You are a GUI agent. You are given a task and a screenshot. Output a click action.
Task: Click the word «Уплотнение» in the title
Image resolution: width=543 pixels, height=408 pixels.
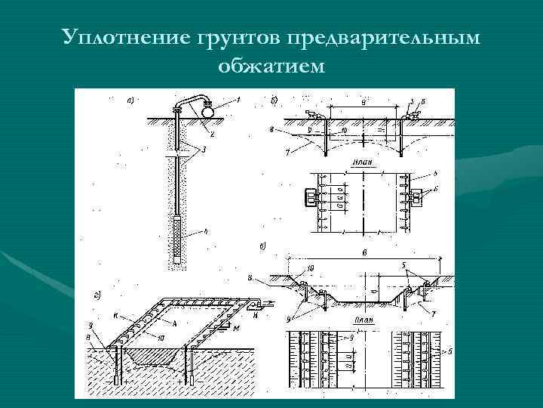click(124, 36)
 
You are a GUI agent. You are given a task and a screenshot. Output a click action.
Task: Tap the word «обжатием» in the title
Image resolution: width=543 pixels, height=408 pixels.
click(271, 66)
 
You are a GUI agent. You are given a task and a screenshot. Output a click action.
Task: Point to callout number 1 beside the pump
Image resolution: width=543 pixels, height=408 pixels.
click(238, 100)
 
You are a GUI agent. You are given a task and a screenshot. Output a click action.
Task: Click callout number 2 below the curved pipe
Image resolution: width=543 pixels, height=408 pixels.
click(213, 134)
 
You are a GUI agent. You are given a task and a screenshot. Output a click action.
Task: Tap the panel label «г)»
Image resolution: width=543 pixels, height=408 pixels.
click(97, 293)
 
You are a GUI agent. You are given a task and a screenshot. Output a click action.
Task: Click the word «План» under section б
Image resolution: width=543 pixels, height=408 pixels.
click(360, 162)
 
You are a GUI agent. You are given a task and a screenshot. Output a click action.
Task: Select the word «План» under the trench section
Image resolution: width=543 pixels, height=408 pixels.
click(359, 320)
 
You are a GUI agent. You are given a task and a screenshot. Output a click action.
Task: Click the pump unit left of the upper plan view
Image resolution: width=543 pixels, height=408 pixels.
click(310, 196)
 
